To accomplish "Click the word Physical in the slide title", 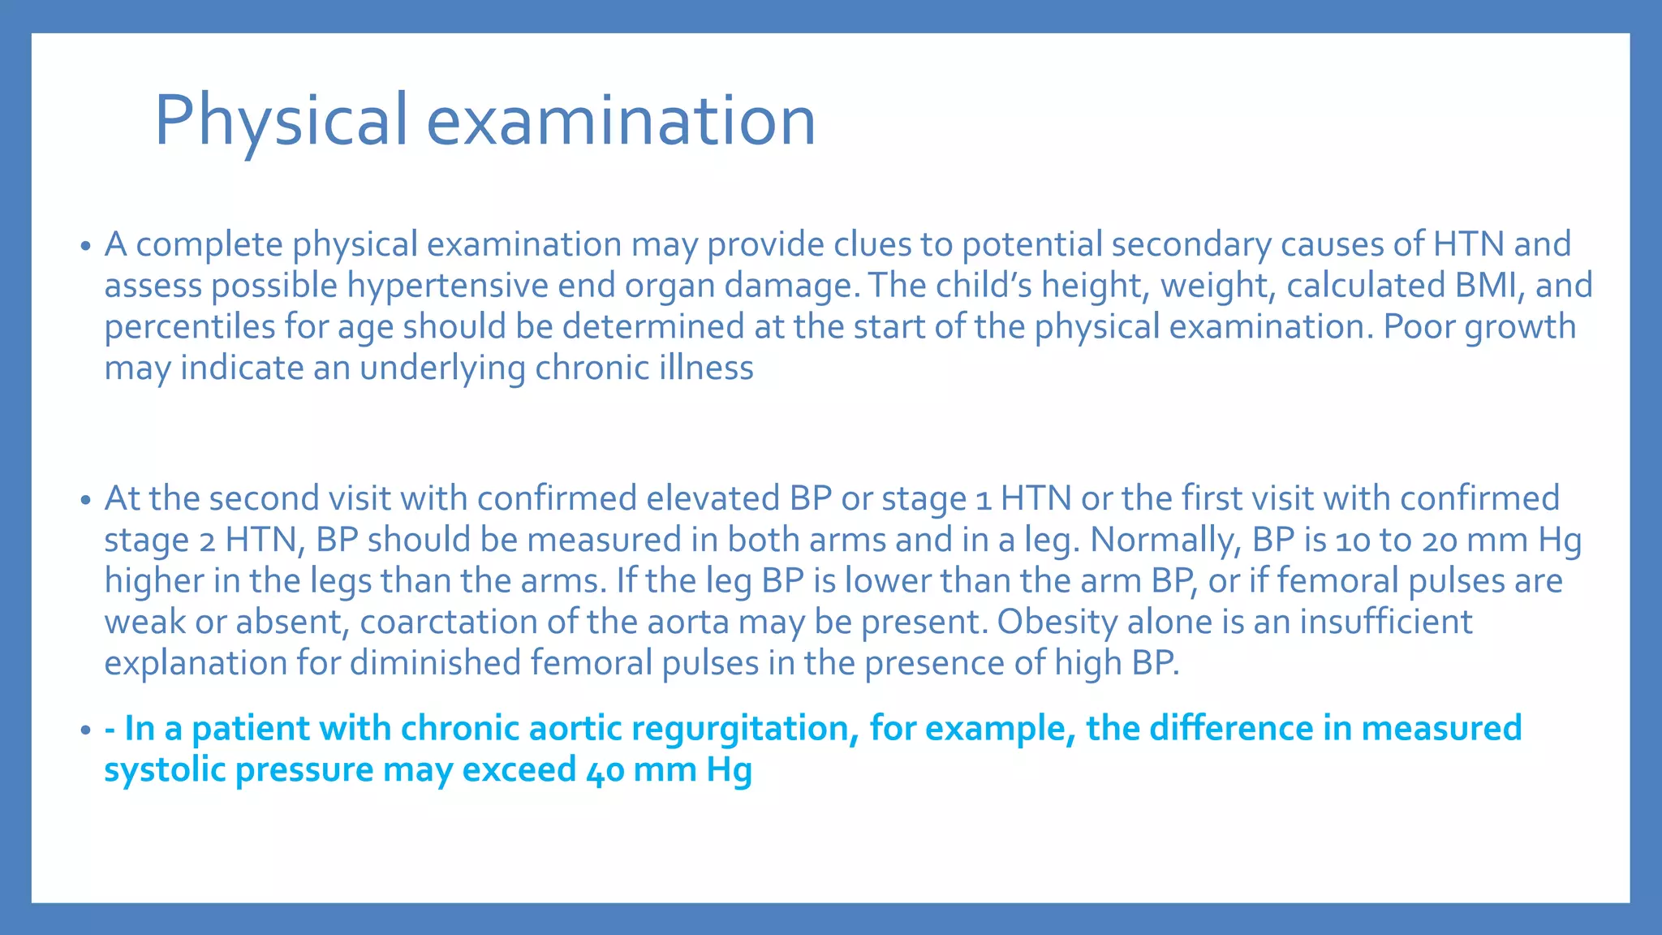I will pos(281,120).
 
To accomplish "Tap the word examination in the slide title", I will pos(621,120).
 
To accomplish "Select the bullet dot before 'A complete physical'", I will pos(85,246).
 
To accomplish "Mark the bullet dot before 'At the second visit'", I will pos(85,500).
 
